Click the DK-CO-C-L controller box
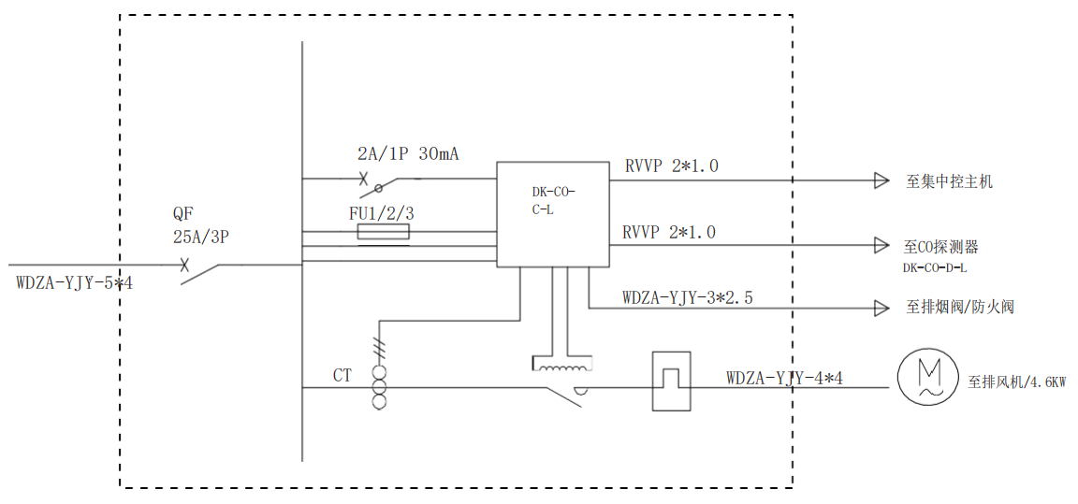553,213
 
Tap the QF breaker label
183,214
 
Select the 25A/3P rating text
200,237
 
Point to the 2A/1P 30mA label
408,154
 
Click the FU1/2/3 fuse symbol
384,233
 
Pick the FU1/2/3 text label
382,213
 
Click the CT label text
342,375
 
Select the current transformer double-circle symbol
379,393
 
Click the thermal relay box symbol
671,381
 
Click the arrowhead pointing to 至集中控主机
881,180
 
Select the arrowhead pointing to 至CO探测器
881,245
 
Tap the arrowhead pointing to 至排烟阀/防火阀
881,308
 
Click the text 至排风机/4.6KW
1017,382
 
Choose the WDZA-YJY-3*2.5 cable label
688,298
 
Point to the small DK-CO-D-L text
935,268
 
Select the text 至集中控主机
949,181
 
